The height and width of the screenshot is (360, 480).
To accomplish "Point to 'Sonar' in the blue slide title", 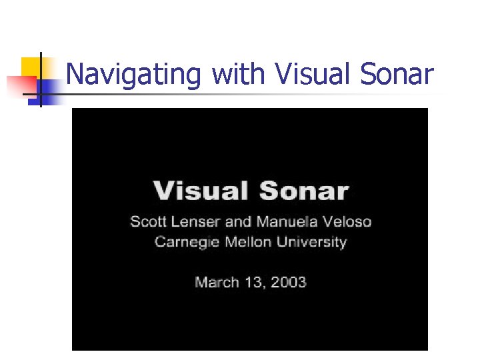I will pyautogui.click(x=396, y=75).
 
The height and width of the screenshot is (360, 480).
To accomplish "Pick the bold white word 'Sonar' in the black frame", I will pyautogui.click(x=304, y=191).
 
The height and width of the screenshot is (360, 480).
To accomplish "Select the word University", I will pyautogui.click(x=311, y=243).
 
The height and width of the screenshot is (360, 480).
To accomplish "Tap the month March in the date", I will pyautogui.click(x=215, y=282).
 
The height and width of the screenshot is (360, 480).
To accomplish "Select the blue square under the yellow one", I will pyautogui.click(x=47, y=88).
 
